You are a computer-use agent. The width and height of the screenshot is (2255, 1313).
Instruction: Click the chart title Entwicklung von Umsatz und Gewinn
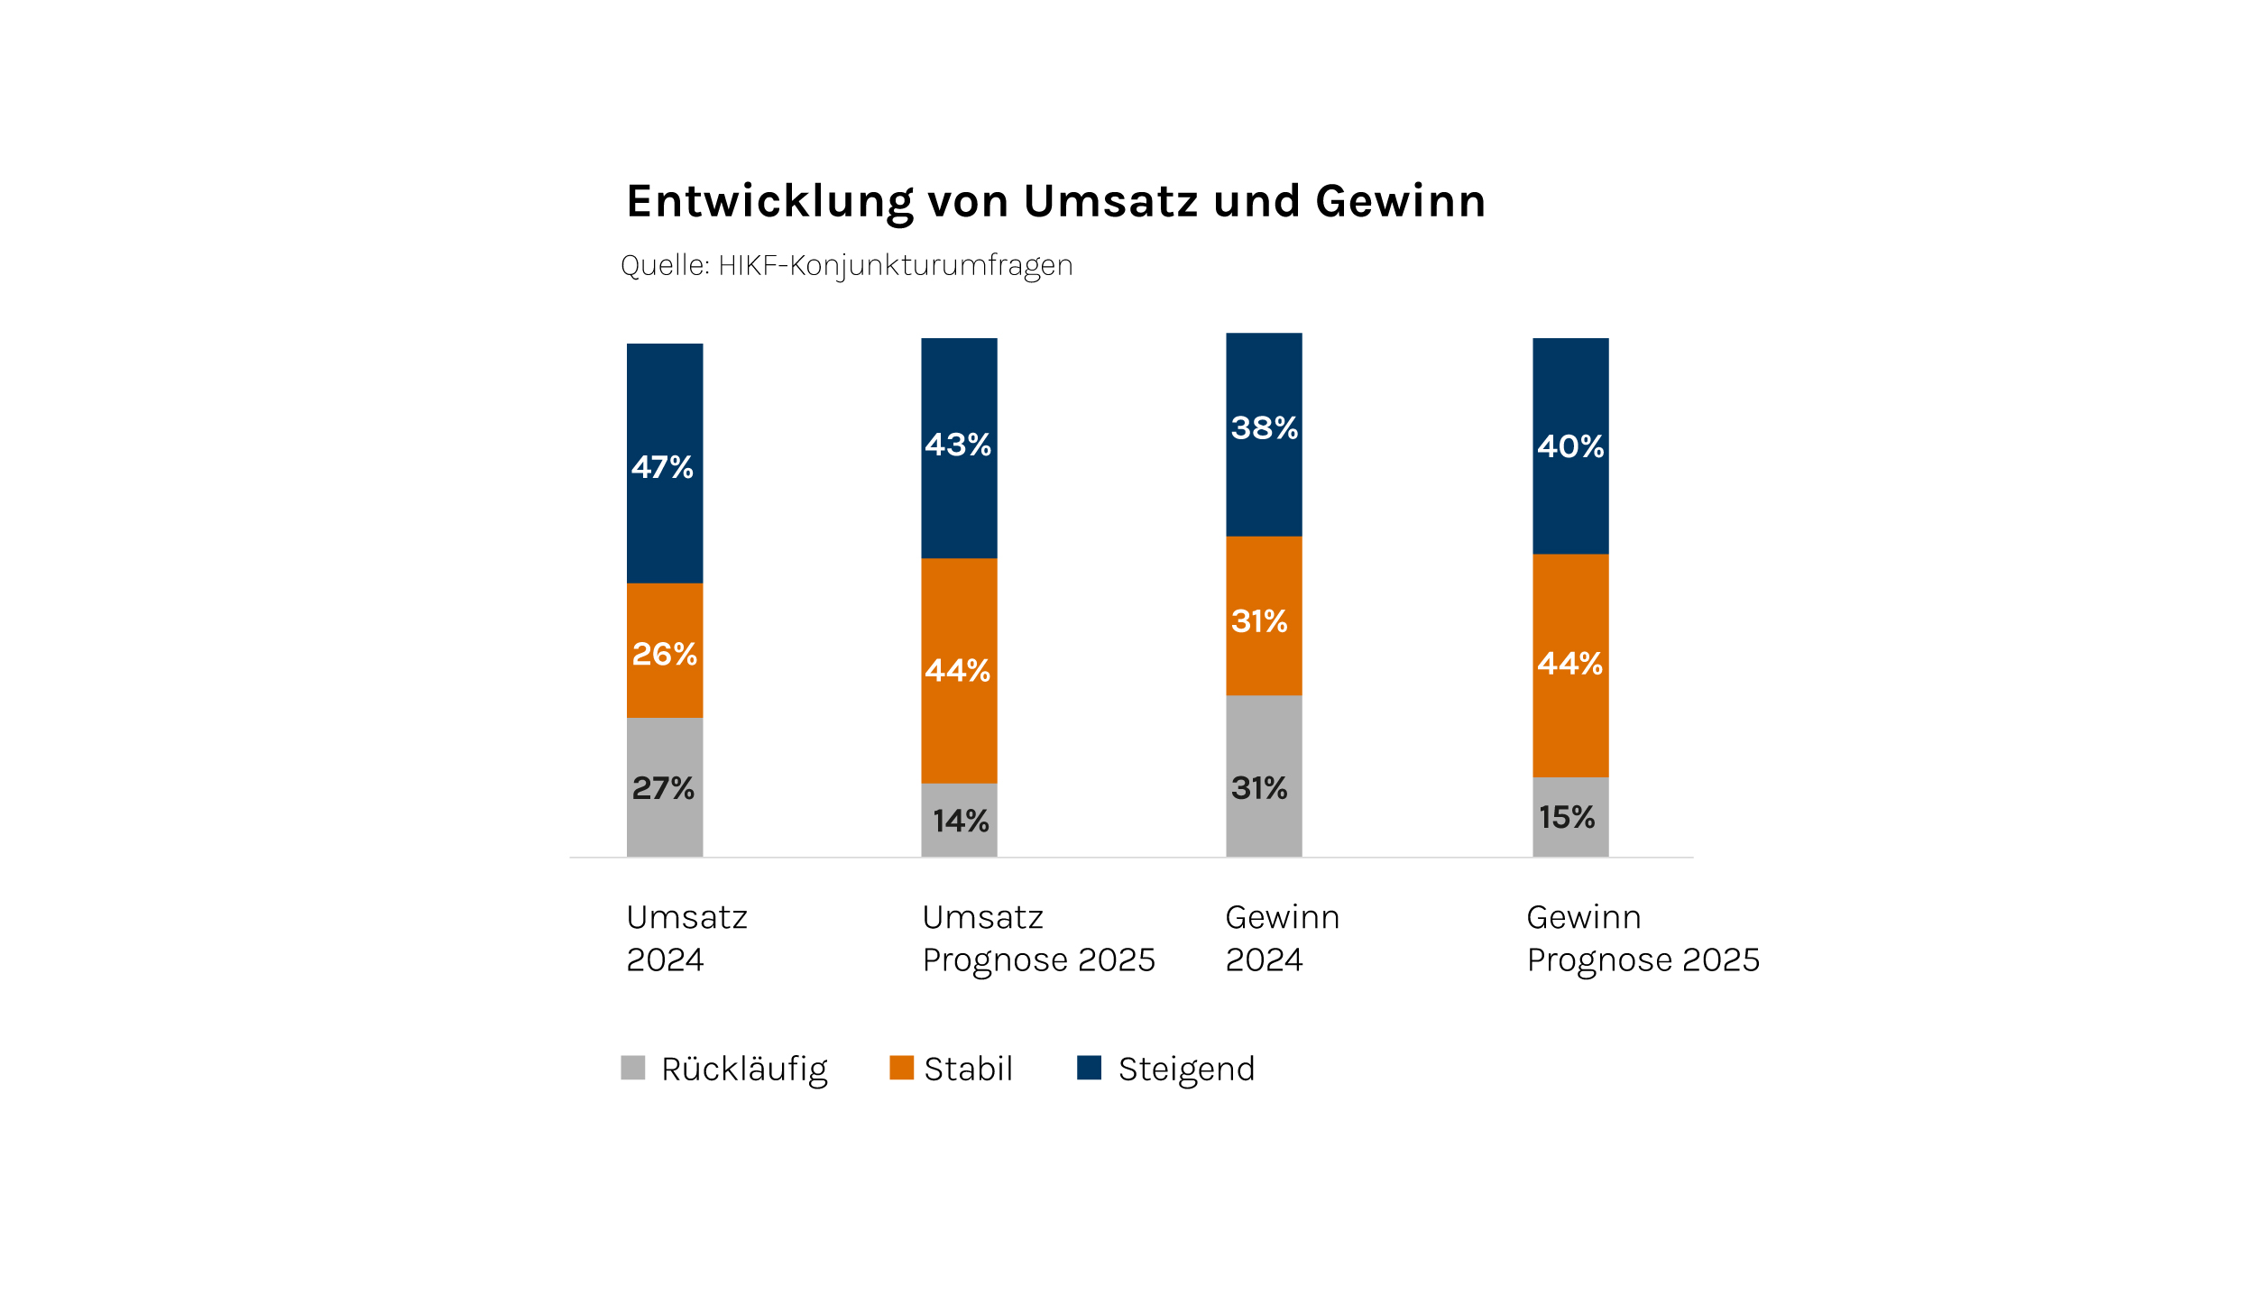coord(1055,201)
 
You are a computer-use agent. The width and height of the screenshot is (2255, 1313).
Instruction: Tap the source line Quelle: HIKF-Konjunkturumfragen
coord(846,265)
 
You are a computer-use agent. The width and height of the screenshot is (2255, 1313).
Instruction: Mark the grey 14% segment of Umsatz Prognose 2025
coord(959,820)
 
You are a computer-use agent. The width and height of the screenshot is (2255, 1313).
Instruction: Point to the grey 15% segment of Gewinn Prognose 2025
coord(1570,817)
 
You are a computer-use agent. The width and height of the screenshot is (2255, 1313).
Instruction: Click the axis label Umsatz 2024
coord(686,939)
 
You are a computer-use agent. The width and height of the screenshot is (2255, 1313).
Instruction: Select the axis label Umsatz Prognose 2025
coord(1038,939)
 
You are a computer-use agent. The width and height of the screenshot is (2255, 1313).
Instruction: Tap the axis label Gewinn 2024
coord(1282,939)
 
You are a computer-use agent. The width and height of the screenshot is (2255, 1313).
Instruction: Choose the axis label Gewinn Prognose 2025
coord(1643,939)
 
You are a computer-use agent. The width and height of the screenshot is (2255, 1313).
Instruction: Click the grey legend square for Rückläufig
coord(633,1068)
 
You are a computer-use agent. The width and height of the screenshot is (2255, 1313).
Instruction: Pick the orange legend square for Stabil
coord(901,1068)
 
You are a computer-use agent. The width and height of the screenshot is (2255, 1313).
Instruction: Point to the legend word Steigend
coord(1186,1070)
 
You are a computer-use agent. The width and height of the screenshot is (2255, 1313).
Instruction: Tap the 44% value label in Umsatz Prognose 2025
coord(957,670)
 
